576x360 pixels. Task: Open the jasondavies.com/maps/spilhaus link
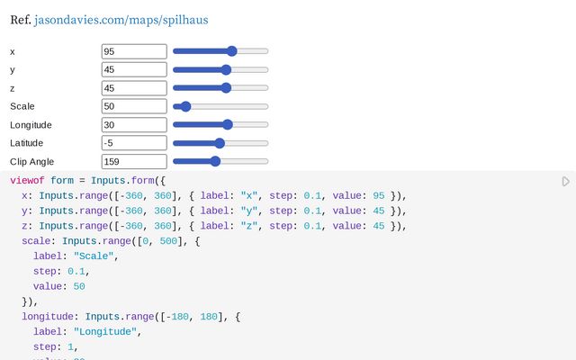[121, 20]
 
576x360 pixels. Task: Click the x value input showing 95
[134, 51]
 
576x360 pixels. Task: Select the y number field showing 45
[134, 70]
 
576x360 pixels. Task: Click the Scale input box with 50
[134, 106]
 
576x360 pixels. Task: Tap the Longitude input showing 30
[134, 125]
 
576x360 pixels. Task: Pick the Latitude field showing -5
[134, 143]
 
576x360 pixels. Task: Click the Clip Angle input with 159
[134, 162]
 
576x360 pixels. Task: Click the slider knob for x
[232, 51]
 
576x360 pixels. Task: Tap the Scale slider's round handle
[186, 106]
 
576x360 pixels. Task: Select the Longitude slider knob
[228, 124]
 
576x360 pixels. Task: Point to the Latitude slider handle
[220, 143]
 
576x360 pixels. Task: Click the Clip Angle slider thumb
[215, 161]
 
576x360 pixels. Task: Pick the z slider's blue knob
[226, 88]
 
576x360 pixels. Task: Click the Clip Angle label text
[32, 162]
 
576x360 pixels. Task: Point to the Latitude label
[26, 143]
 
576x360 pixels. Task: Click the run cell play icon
[566, 182]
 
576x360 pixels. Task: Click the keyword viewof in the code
[27, 180]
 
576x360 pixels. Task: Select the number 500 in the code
[168, 241]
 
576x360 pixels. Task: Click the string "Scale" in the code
[94, 256]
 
